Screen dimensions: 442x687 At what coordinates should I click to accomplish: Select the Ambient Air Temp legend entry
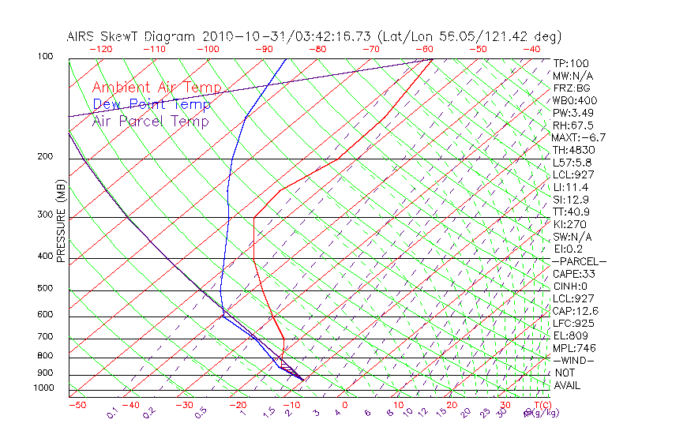[x=156, y=88]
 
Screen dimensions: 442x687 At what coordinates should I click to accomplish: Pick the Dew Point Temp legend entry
[x=152, y=104]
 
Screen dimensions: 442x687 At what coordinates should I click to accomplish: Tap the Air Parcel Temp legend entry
[x=150, y=121]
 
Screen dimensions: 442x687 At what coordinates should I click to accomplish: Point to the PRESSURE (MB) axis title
[x=62, y=221]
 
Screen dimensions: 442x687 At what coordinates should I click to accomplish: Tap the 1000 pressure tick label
[x=44, y=388]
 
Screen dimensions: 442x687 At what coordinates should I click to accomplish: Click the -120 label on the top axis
[x=99, y=49]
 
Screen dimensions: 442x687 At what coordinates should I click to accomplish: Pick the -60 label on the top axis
[x=425, y=49]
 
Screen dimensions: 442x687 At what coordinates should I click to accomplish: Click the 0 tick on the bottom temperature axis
[x=345, y=405]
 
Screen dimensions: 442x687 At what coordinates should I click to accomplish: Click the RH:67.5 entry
[x=572, y=125]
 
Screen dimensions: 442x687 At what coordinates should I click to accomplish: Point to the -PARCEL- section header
[x=579, y=261]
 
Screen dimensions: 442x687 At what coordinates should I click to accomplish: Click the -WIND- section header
[x=574, y=360]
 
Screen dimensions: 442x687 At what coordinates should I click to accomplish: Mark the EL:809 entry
[x=570, y=335]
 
